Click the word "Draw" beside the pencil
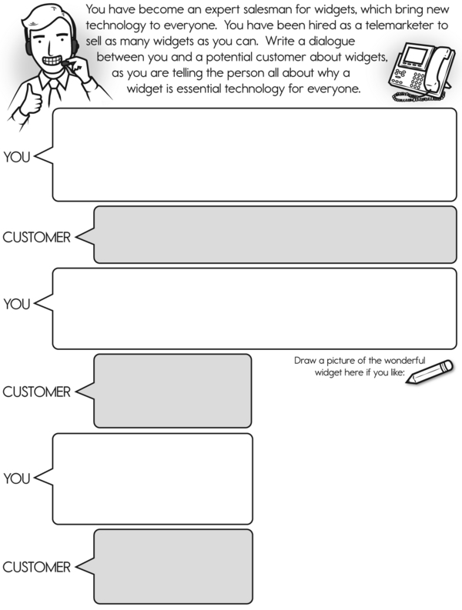coord(306,361)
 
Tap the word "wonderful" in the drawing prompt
coord(404,361)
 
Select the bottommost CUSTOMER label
coord(35,568)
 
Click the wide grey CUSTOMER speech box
coord(275,235)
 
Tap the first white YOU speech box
coord(254,155)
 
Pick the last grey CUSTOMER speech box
coord(173,566)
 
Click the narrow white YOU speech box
coord(152,478)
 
